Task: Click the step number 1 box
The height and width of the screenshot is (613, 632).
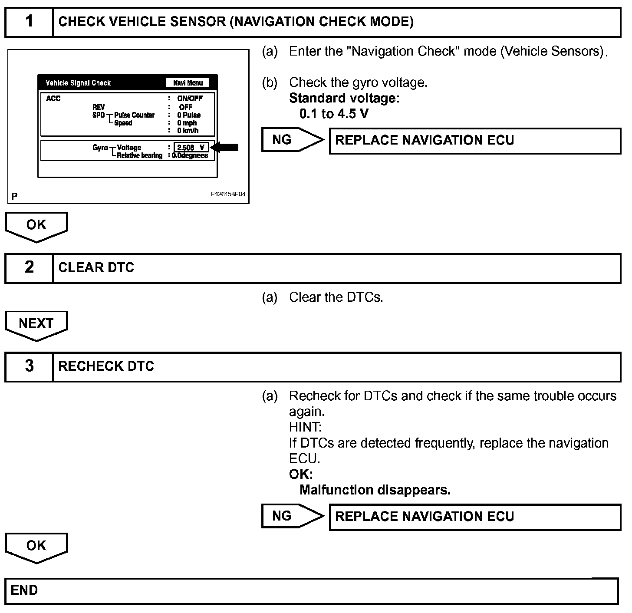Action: [29, 22]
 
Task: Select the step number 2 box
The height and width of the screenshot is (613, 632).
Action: [29, 268]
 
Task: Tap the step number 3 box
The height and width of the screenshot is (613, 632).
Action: [29, 366]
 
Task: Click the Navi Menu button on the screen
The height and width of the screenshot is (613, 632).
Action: [188, 83]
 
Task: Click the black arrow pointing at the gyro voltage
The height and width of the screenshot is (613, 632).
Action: [224, 147]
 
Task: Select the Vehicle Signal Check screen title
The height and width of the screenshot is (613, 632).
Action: [78, 83]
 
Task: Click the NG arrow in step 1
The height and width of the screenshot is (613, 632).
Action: [292, 140]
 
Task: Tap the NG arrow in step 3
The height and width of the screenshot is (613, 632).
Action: [292, 516]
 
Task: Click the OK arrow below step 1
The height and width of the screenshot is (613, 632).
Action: [36, 226]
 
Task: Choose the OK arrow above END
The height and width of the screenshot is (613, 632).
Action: [36, 547]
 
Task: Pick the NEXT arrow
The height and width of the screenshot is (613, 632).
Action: [36, 325]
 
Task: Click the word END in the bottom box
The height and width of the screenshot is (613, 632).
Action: [24, 590]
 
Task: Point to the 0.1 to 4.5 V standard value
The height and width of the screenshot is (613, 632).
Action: [334, 114]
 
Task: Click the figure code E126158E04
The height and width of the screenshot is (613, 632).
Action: [228, 194]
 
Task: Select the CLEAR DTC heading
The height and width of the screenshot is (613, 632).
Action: [96, 268]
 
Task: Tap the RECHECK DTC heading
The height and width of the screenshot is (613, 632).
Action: [106, 366]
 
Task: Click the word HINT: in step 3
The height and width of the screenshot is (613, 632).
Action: [305, 427]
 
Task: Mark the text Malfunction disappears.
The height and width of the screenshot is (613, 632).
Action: [375, 490]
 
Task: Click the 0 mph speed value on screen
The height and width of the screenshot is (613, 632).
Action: [187, 123]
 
